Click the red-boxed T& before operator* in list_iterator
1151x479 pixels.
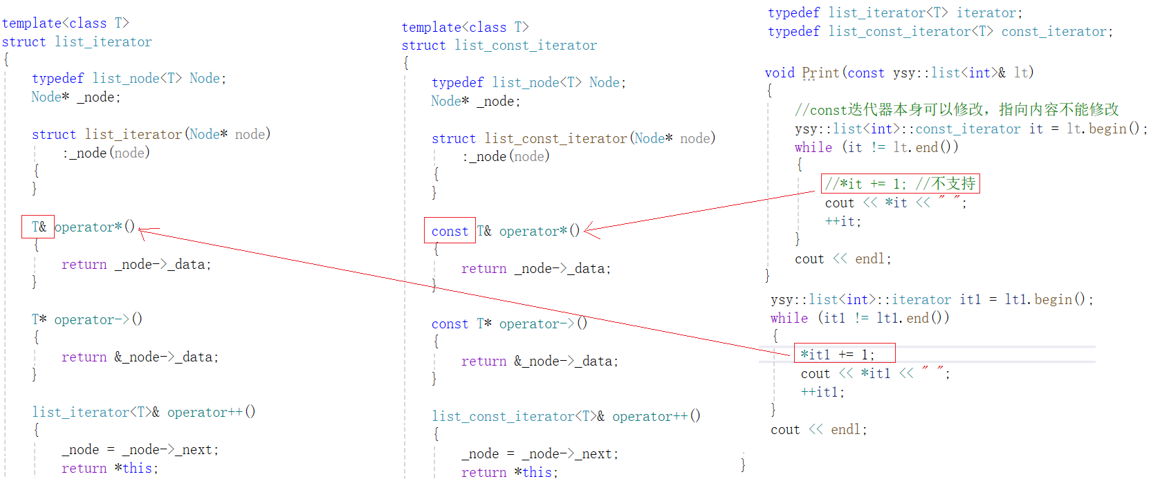tap(38, 227)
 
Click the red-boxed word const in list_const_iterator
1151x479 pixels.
tap(450, 231)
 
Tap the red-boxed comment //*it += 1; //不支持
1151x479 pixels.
tap(900, 183)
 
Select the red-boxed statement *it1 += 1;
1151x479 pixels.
tap(844, 354)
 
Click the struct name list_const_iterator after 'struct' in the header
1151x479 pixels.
tap(526, 46)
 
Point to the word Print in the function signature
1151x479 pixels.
tap(820, 73)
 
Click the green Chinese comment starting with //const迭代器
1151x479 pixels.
tap(957, 110)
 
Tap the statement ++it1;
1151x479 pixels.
tap(822, 392)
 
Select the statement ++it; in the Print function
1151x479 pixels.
tap(842, 221)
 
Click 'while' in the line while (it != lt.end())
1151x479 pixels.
tap(813, 147)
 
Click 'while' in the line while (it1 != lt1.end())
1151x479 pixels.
tap(789, 318)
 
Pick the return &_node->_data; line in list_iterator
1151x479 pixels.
tap(140, 357)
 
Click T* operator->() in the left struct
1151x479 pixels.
tap(87, 319)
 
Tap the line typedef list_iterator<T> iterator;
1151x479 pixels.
tap(894, 12)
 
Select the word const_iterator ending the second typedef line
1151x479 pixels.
tap(1056, 32)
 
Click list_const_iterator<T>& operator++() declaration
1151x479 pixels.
tap(566, 416)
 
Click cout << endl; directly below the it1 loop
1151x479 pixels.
tap(818, 429)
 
